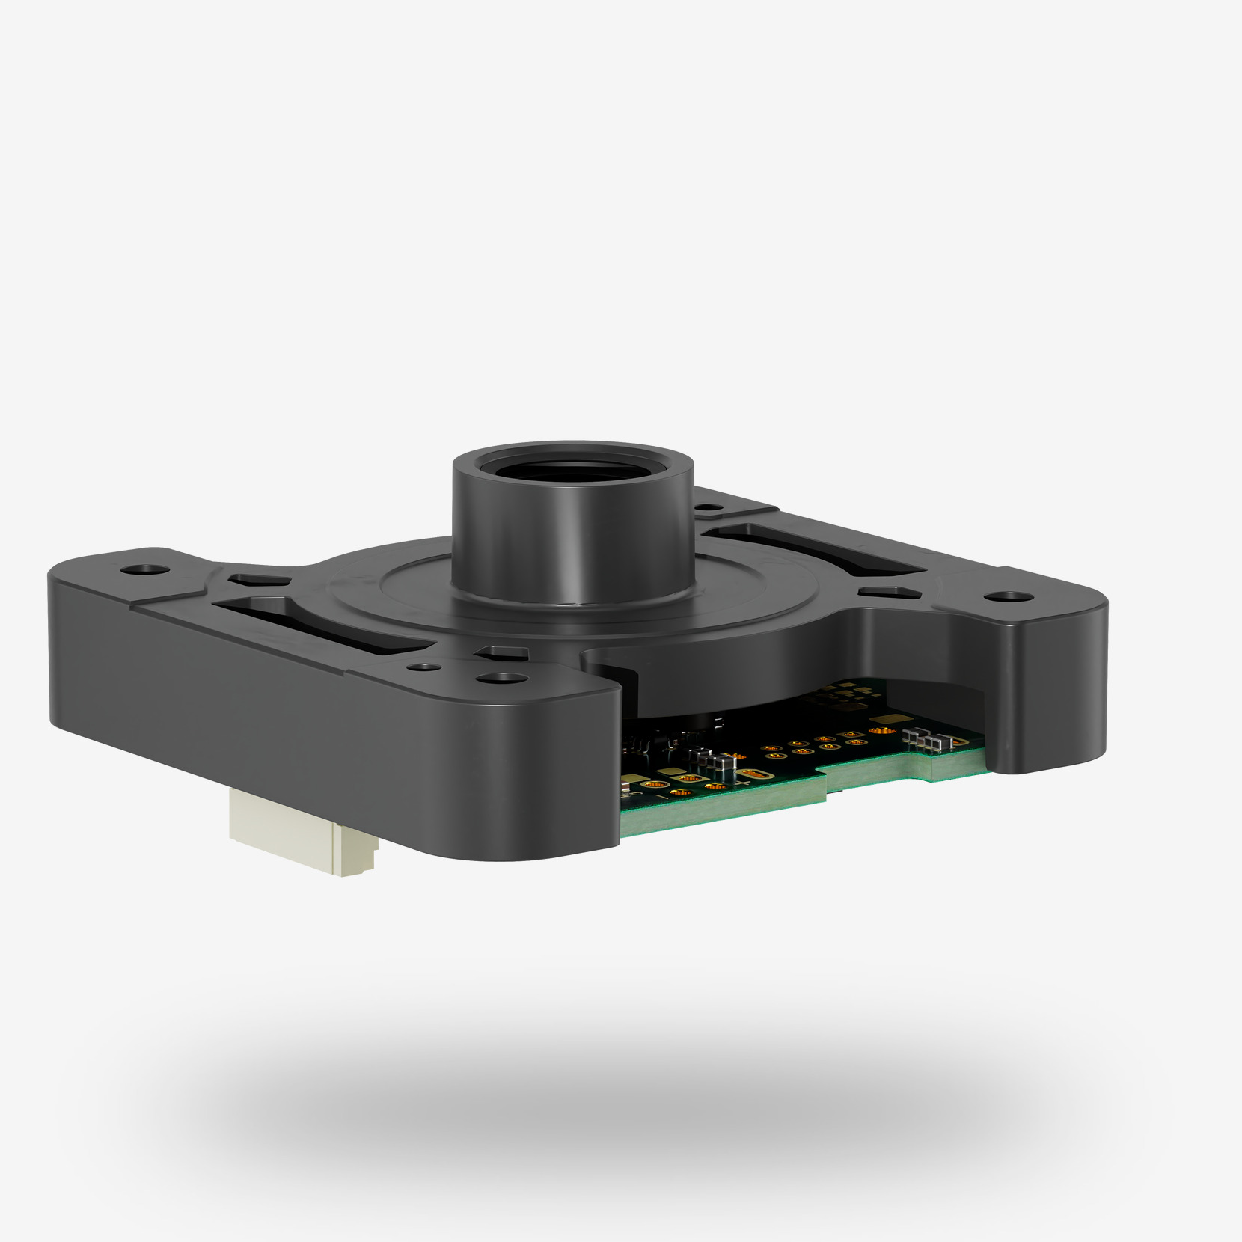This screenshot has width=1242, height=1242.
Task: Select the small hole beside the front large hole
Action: coord(427,666)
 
